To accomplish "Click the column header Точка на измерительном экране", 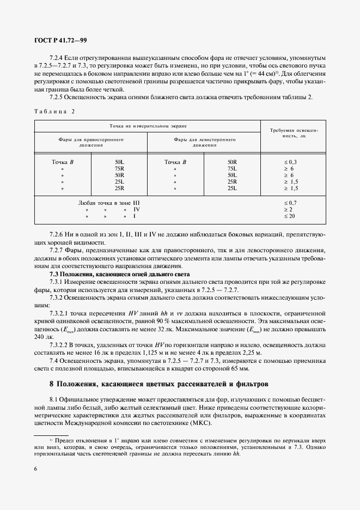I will coord(147,126).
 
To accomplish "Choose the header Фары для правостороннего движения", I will coord(91,142).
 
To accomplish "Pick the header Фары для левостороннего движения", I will coord(204,142).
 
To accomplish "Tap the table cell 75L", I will coord(233,169).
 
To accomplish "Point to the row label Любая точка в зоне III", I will coord(113,203).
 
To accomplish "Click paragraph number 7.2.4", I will coord(57,57).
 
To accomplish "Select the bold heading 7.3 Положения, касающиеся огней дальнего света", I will coord(120,274).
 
